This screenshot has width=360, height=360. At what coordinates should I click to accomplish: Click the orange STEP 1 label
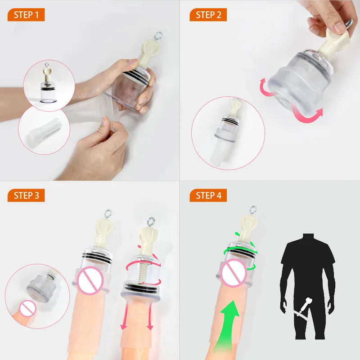[x=26, y=15]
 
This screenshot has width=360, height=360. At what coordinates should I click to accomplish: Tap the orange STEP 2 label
[x=208, y=15]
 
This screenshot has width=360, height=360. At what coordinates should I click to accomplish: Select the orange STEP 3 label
[x=26, y=195]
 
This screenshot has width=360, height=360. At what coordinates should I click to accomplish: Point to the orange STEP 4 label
[x=208, y=195]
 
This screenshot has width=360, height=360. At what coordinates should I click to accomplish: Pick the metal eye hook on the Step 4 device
[x=253, y=209]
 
